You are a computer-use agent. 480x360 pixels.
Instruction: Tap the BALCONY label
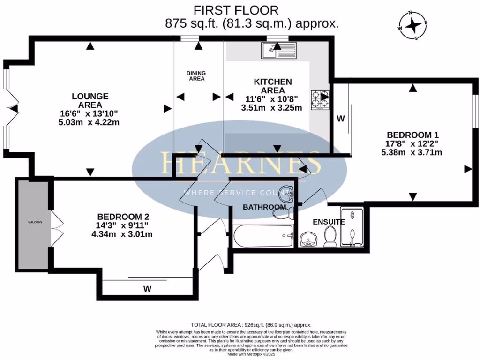(33, 222)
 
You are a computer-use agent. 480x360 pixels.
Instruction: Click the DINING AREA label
(196, 76)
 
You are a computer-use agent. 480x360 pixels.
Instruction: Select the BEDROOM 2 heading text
(123, 217)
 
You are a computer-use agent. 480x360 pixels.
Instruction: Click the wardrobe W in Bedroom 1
(340, 119)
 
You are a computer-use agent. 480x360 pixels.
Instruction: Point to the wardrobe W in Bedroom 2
(147, 289)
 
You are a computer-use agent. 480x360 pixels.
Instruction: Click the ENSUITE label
(329, 222)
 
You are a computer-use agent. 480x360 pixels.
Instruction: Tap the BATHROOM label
(264, 207)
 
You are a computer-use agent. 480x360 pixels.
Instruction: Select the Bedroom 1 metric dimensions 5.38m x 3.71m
(412, 152)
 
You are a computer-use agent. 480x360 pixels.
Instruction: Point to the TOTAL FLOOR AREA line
(251, 325)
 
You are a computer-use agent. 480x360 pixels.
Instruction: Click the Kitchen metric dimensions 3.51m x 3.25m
(272, 107)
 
